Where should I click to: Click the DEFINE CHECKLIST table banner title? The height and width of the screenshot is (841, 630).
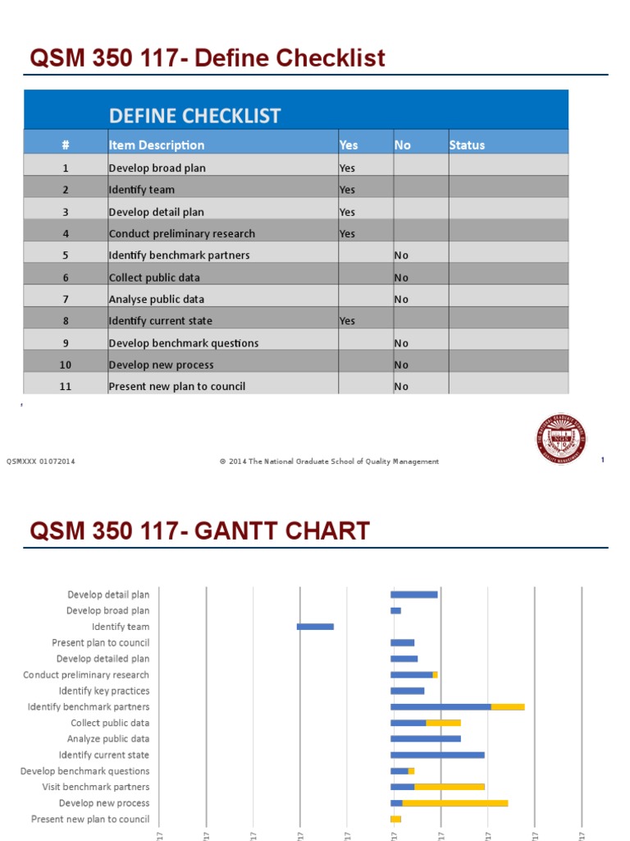[x=194, y=116]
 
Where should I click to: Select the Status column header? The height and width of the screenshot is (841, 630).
[x=467, y=145]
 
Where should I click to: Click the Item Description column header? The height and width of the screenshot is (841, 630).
[x=157, y=145]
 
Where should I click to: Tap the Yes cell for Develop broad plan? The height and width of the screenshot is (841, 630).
[x=348, y=168]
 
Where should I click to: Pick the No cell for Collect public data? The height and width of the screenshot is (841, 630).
[x=401, y=278]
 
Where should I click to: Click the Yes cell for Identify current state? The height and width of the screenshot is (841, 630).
[x=348, y=321]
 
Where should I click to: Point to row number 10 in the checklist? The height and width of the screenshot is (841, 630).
[x=66, y=365]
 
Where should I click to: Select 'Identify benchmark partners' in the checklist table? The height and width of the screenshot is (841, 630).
[x=179, y=255]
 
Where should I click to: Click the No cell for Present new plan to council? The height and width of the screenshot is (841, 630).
[x=401, y=386]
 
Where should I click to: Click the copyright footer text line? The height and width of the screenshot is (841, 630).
[x=329, y=462]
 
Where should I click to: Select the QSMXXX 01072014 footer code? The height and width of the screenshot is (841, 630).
[x=41, y=462]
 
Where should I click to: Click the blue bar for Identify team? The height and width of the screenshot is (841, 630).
[x=315, y=627]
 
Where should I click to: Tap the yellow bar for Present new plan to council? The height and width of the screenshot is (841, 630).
[x=396, y=819]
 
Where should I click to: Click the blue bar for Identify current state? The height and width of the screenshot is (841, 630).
[x=437, y=755]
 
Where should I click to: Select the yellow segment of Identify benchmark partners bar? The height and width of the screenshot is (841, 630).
[x=508, y=706]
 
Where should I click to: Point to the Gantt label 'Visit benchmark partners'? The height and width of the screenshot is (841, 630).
[x=96, y=787]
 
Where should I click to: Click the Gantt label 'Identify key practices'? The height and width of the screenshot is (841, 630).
[x=104, y=691]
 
